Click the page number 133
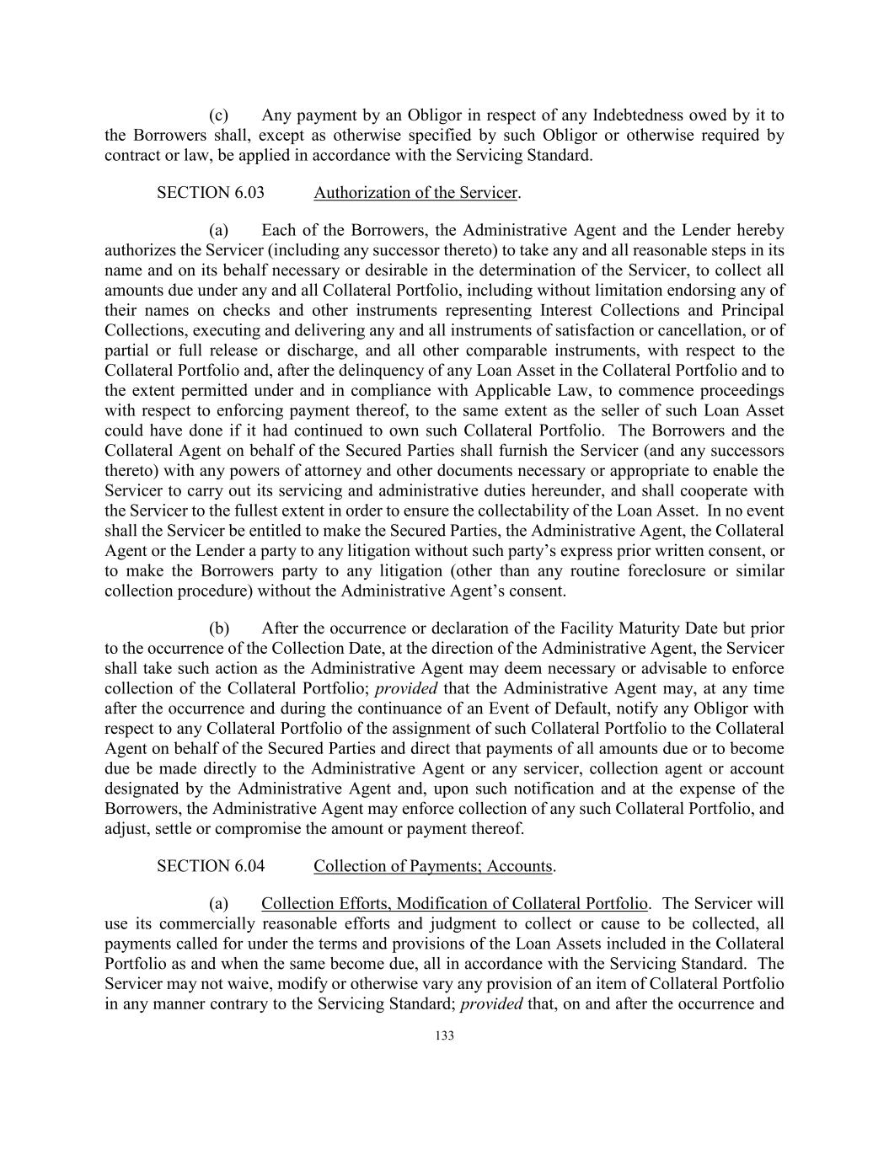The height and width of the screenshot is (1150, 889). pos(445,1035)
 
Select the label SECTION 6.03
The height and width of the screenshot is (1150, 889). pos(210,192)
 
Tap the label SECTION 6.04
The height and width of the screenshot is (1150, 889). pos(210,865)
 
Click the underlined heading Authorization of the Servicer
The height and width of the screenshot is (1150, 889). pos(415,192)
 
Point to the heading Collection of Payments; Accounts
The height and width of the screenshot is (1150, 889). pos(433,865)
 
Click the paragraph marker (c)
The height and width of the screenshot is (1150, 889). pos(219,115)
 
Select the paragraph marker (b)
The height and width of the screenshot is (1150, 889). pos(219,628)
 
